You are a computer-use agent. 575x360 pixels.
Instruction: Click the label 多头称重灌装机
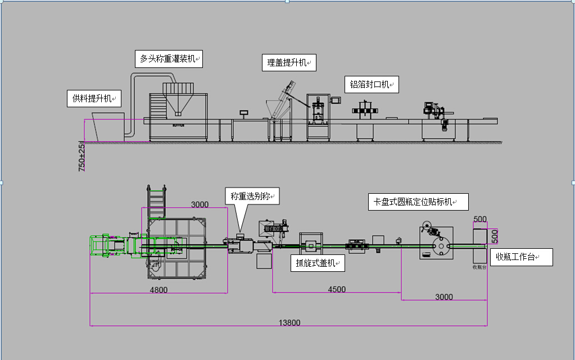point(169,58)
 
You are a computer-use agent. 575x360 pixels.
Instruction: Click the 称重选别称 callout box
point(251,197)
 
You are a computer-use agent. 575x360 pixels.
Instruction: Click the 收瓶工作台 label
point(521,257)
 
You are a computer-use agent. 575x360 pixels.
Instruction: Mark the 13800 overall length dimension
point(289,322)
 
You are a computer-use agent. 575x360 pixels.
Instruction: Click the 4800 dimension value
point(158,290)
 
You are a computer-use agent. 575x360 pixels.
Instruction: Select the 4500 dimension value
point(337,289)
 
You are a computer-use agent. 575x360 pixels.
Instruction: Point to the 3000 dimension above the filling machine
point(200,204)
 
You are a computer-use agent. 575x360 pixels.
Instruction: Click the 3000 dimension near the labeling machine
point(444,297)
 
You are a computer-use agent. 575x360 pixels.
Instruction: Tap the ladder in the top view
point(157,199)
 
